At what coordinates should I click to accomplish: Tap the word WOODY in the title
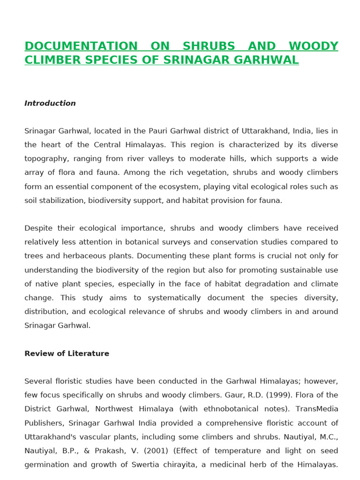pos(313,46)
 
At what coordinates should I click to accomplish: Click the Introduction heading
pos(50,103)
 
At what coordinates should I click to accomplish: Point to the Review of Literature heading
pos(67,353)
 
